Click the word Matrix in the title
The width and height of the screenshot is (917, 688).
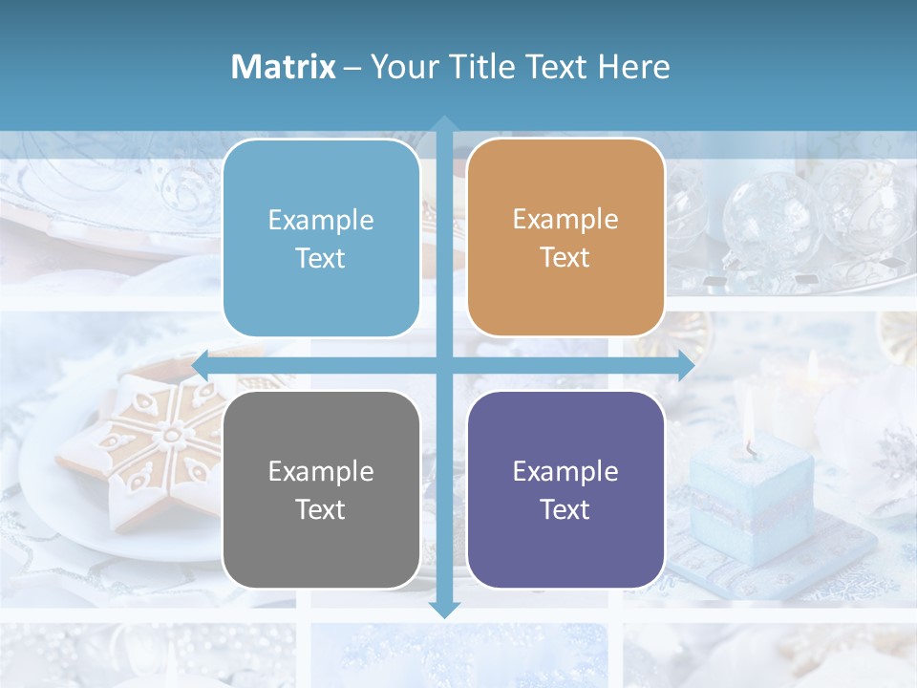click(x=283, y=67)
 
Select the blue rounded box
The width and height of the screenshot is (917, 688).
click(x=321, y=238)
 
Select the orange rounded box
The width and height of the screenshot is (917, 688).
click(x=565, y=238)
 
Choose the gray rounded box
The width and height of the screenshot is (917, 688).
click(x=321, y=489)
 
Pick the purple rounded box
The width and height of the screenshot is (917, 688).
click(x=565, y=489)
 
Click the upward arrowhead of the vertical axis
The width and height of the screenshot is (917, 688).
click(x=444, y=124)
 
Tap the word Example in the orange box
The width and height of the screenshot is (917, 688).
click(x=565, y=220)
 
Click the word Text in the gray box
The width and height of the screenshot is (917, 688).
click(x=321, y=509)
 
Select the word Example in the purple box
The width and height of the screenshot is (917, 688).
click(x=565, y=471)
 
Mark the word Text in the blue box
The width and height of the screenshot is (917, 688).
click(x=321, y=258)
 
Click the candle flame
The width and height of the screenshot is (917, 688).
click(x=749, y=421)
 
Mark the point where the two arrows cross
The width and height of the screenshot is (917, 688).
click(x=444, y=365)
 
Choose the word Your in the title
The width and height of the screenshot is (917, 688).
click(x=401, y=67)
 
